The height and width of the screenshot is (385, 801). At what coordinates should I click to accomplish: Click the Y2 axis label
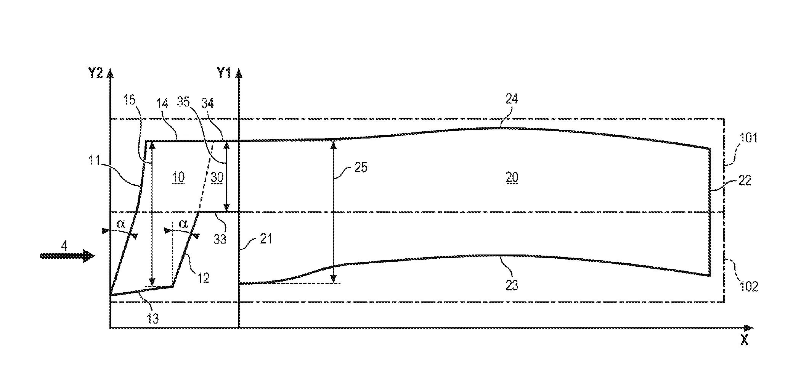(96, 72)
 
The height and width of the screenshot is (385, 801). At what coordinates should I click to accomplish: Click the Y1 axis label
(224, 72)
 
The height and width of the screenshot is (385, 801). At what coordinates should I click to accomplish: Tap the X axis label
(744, 340)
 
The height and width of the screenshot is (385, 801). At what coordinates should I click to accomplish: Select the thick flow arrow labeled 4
(67, 256)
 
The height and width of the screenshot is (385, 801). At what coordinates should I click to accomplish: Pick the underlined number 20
(512, 177)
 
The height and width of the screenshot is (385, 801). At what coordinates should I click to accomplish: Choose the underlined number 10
(178, 177)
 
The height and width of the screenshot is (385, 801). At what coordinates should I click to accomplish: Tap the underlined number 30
(217, 177)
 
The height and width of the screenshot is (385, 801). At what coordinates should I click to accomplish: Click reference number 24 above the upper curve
(512, 99)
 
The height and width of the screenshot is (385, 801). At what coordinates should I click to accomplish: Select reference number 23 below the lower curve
(512, 285)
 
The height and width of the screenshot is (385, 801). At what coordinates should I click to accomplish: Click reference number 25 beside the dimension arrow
(361, 168)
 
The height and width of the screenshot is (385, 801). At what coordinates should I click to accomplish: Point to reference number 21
(266, 239)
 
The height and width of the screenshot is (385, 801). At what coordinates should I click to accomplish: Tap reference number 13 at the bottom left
(153, 319)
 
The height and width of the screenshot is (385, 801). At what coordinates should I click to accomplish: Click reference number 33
(220, 239)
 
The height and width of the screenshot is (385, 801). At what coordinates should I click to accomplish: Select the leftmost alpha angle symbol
(121, 224)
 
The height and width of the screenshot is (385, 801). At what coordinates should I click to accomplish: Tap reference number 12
(204, 278)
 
